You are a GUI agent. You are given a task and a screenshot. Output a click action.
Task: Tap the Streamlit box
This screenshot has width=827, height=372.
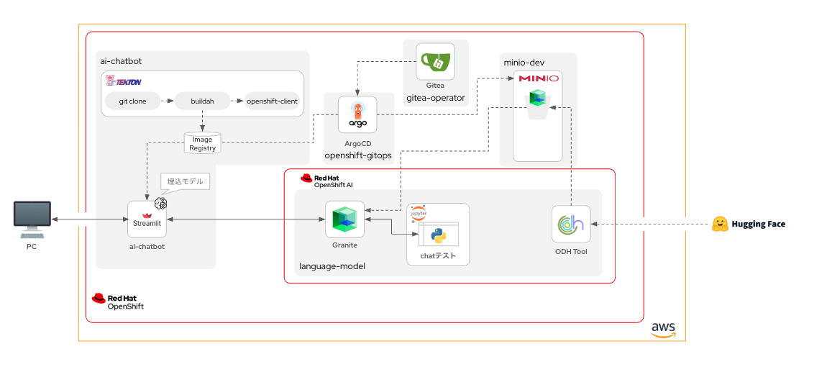point(147,219)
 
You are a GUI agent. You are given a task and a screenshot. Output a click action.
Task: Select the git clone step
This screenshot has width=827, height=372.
point(133,101)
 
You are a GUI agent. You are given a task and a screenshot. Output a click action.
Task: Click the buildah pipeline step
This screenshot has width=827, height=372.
point(202,101)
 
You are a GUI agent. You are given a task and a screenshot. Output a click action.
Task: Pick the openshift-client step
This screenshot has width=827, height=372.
point(272,101)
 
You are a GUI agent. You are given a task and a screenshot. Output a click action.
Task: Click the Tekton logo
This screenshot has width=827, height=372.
point(124,81)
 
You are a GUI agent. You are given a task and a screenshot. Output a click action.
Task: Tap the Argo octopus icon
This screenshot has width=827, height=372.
point(357,115)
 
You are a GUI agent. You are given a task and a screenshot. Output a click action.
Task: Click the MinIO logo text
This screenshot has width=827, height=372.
point(538,78)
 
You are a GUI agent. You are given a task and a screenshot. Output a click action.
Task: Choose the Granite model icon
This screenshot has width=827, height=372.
point(344,219)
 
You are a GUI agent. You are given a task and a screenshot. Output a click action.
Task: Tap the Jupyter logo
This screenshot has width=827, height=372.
point(418,214)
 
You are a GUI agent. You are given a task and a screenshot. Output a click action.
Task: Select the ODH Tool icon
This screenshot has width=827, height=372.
point(571,224)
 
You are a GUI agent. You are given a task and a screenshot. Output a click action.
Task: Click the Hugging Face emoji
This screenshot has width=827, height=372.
point(720,224)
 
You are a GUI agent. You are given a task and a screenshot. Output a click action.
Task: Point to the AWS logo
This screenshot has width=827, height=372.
point(663,329)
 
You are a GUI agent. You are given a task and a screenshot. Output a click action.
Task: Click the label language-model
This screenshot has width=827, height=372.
point(332,266)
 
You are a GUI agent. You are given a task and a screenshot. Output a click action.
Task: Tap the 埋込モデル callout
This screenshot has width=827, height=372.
point(185,181)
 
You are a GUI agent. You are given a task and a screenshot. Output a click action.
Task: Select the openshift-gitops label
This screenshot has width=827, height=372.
point(358,155)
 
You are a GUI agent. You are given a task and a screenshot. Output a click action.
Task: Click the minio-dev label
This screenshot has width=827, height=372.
point(524,63)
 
